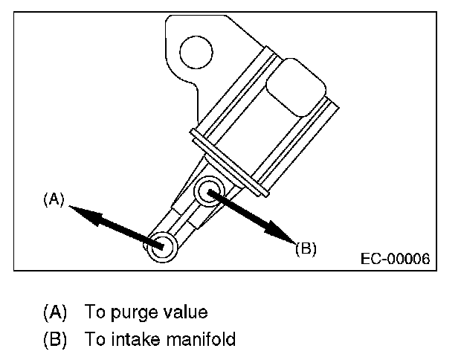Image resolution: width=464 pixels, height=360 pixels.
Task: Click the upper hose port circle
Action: coord(209,192)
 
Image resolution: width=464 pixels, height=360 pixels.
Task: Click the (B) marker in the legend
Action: coord(55,340)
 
